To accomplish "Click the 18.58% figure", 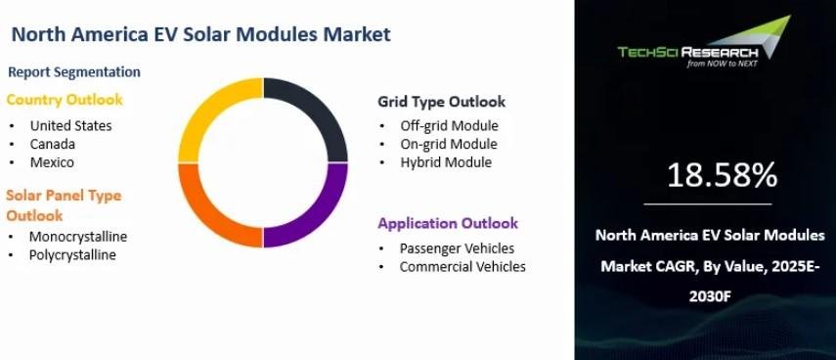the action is (x=722, y=175).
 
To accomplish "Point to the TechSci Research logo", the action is (x=704, y=42).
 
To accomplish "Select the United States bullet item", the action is (x=71, y=126).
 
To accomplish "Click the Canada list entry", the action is (x=52, y=144).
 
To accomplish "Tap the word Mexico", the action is (x=52, y=162).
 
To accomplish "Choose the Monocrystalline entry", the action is (x=78, y=237).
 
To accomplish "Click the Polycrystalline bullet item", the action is (x=72, y=255).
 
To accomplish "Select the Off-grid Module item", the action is (x=450, y=126).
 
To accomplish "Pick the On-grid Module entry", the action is (x=449, y=144).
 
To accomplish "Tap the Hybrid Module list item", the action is (x=446, y=162).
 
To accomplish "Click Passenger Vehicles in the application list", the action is (x=457, y=248).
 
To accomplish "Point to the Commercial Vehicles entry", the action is (x=462, y=267).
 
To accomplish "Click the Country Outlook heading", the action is (x=65, y=100).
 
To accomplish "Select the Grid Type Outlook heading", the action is (x=441, y=102).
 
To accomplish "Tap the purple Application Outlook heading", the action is (x=448, y=223).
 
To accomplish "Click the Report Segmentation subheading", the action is (x=74, y=72).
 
